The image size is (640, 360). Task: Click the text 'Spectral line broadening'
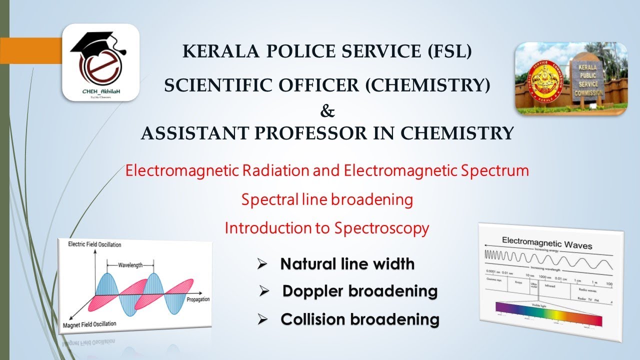tap(327, 199)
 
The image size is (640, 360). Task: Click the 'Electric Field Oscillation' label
tap(94, 244)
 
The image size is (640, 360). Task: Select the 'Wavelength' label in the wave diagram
tap(129, 263)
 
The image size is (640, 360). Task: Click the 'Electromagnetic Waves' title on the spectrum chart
tap(547, 244)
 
